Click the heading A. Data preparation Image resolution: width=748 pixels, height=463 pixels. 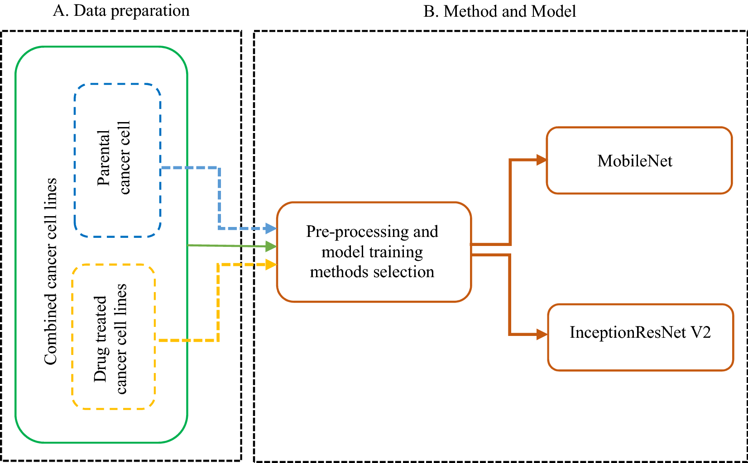pos(121,10)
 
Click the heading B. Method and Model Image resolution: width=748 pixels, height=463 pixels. pos(499,11)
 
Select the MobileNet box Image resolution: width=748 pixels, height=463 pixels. pos(639,161)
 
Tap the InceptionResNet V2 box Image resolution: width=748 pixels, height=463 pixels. pos(640,337)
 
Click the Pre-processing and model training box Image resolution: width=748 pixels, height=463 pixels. pos(374,252)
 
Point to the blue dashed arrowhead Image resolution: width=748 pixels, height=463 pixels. pos(271,228)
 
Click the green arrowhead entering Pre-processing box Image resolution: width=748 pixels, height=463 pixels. pos(271,246)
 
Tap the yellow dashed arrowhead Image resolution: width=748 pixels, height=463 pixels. pos(271,264)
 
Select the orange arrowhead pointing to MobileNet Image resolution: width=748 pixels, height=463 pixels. pos(541,160)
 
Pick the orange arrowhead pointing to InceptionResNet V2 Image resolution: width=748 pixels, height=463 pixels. pos(542,335)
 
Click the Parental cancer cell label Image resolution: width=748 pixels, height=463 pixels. pos(113,158)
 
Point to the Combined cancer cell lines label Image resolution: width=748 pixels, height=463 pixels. pos(51,271)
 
